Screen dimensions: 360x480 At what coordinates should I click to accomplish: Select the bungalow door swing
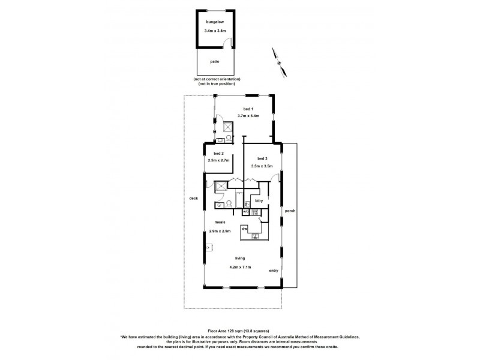(226, 42)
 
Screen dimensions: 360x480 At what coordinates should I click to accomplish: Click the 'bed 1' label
(248, 109)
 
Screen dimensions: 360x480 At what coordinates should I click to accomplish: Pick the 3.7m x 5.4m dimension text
(248, 115)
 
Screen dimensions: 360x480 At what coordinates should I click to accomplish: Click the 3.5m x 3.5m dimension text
(261, 166)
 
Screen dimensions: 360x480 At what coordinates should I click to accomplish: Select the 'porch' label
(291, 211)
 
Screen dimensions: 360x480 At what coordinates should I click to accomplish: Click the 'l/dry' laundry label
(259, 200)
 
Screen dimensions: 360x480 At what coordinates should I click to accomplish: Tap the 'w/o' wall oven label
(245, 212)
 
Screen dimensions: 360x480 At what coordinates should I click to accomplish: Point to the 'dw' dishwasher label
(245, 228)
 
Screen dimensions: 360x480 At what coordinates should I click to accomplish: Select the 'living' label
(240, 259)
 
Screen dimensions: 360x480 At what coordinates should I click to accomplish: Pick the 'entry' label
(274, 271)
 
